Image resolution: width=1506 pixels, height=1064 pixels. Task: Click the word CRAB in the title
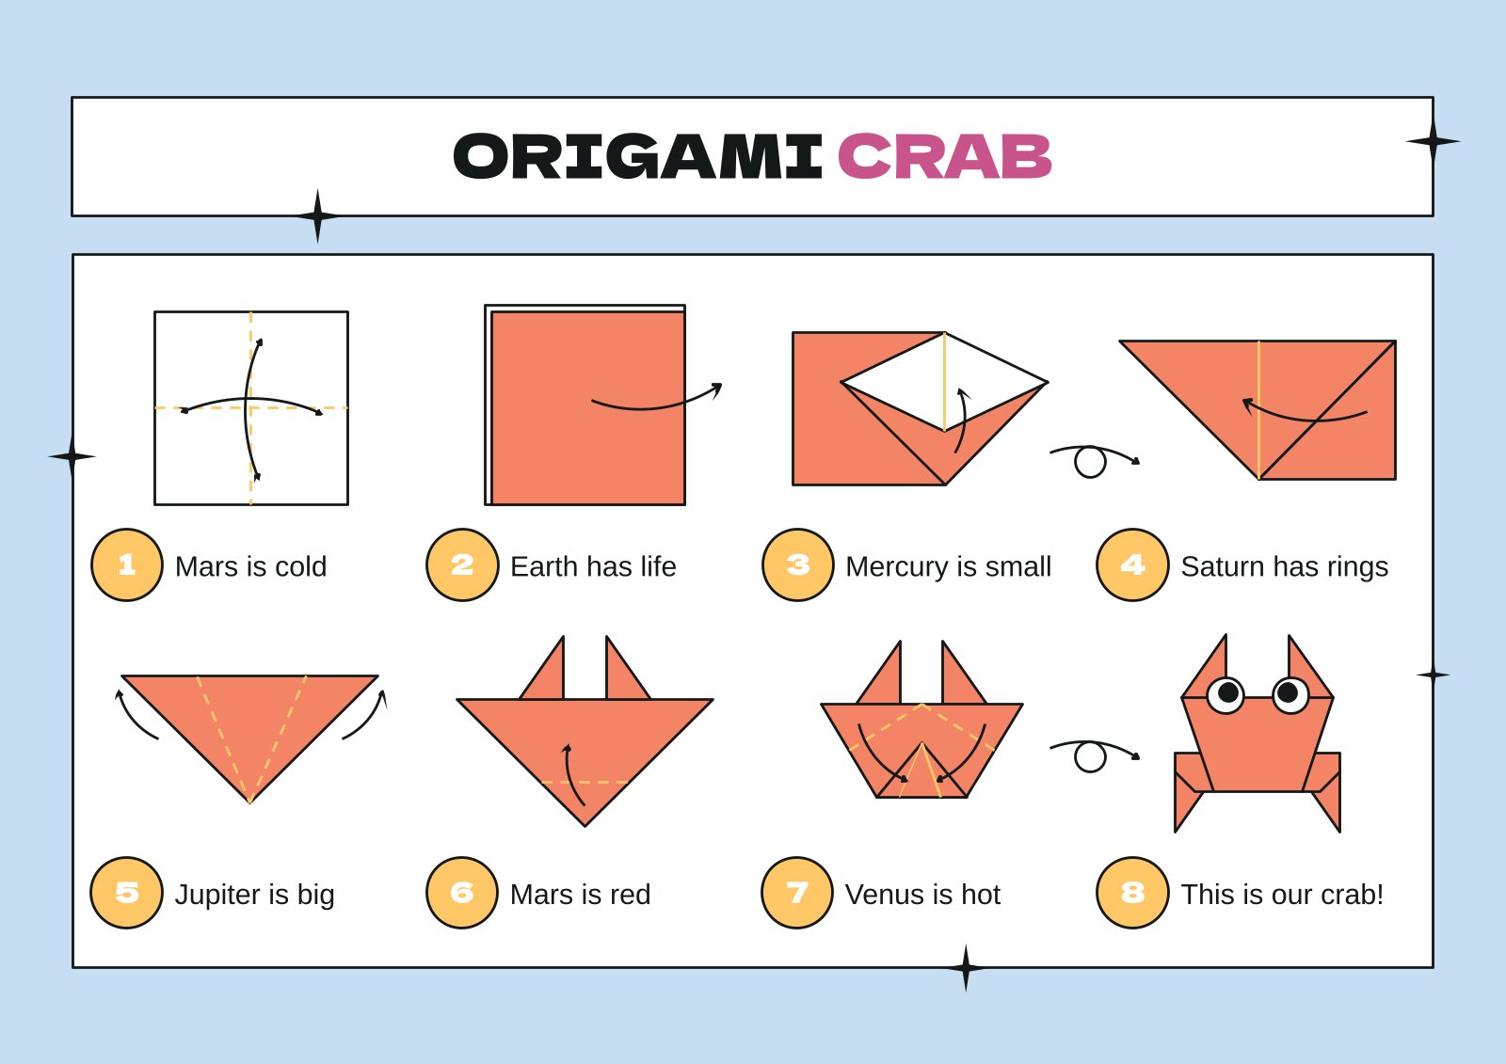pyautogui.click(x=944, y=156)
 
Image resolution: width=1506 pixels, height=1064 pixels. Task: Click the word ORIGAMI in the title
pyautogui.click(x=638, y=156)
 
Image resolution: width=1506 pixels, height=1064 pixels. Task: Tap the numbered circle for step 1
pyautogui.click(x=127, y=564)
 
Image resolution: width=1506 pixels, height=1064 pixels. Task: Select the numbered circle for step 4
pyautogui.click(x=1132, y=564)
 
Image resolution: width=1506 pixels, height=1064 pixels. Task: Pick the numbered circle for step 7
pyautogui.click(x=797, y=893)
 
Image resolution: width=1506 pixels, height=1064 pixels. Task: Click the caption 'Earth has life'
pyautogui.click(x=593, y=566)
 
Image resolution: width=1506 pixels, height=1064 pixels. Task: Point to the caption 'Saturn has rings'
pyautogui.click(x=1284, y=566)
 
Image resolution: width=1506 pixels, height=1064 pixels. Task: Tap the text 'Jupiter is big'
pyautogui.click(x=254, y=894)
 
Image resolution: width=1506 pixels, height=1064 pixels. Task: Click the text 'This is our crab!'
pyautogui.click(x=1282, y=894)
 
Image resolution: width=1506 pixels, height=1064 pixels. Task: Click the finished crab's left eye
pyautogui.click(x=1226, y=694)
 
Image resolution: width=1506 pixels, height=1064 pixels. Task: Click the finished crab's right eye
pyautogui.click(x=1290, y=694)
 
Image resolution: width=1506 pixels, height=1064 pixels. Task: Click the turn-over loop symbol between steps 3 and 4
pyautogui.click(x=1090, y=461)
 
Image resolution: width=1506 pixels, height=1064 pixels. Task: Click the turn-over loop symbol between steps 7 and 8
pyautogui.click(x=1090, y=755)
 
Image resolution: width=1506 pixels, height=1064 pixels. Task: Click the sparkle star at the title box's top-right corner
pyautogui.click(x=1433, y=142)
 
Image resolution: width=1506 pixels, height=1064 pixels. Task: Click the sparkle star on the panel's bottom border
pyautogui.click(x=966, y=967)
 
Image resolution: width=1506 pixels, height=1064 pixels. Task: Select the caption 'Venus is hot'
pyautogui.click(x=922, y=894)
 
